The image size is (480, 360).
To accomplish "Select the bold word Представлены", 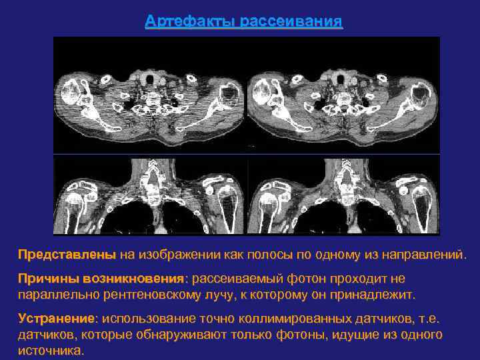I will click(x=67, y=255).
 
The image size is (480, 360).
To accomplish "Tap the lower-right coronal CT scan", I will click(x=343, y=195).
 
